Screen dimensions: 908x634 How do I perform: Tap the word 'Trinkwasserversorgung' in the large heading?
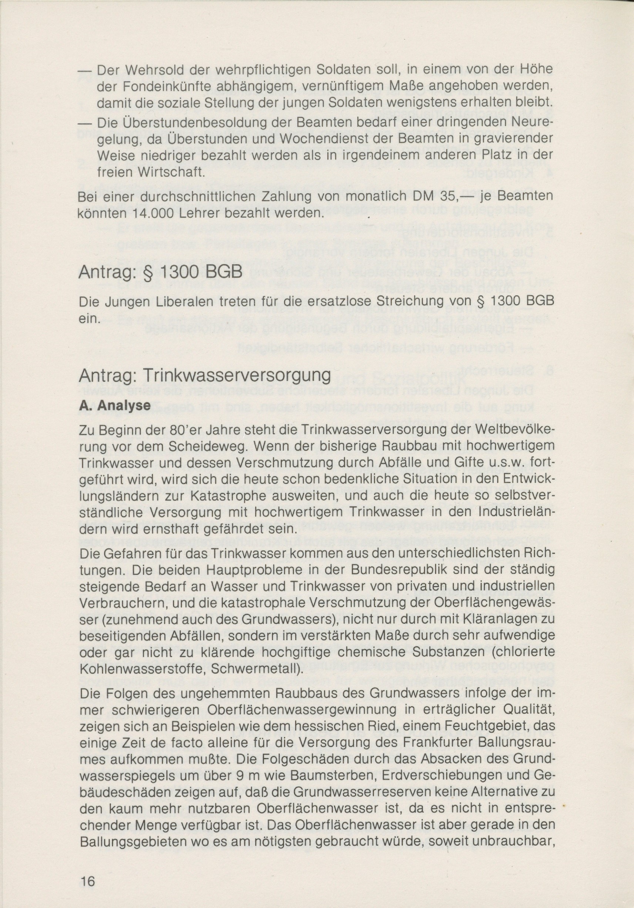click(237, 376)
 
